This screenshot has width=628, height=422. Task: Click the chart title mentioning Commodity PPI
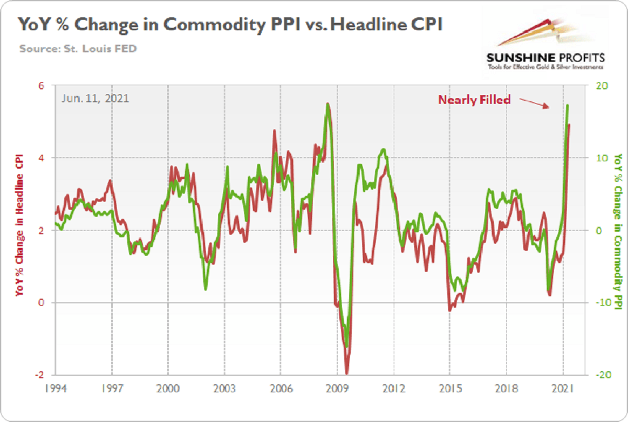[230, 25]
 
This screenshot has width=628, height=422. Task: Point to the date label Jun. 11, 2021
[95, 98]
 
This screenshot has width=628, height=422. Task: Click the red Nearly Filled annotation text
[474, 100]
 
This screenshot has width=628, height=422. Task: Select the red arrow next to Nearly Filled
[536, 103]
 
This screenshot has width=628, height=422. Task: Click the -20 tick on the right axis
[600, 375]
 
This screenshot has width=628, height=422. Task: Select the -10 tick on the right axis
[600, 302]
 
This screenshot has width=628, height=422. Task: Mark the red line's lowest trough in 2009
[347, 373]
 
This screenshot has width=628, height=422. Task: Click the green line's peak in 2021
[568, 105]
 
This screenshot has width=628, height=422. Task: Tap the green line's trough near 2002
[206, 289]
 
